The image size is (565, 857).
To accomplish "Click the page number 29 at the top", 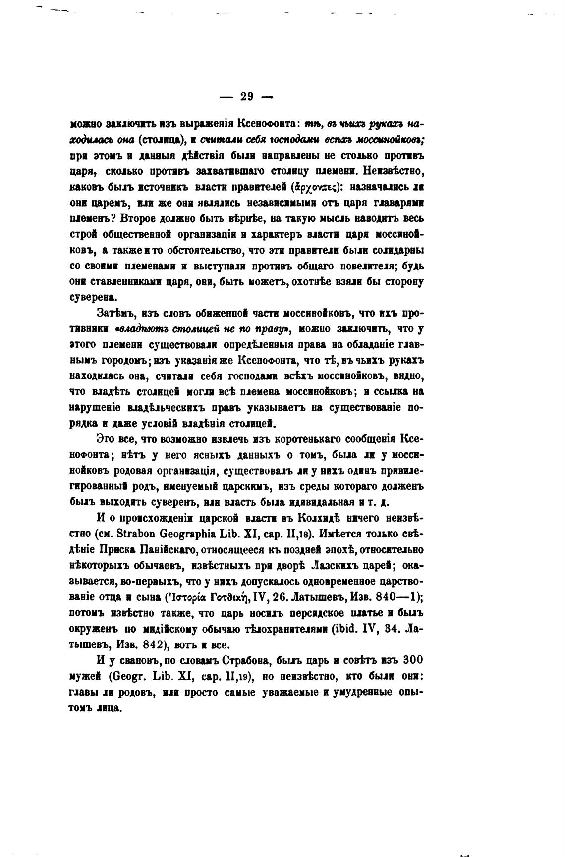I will coord(246,97).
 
